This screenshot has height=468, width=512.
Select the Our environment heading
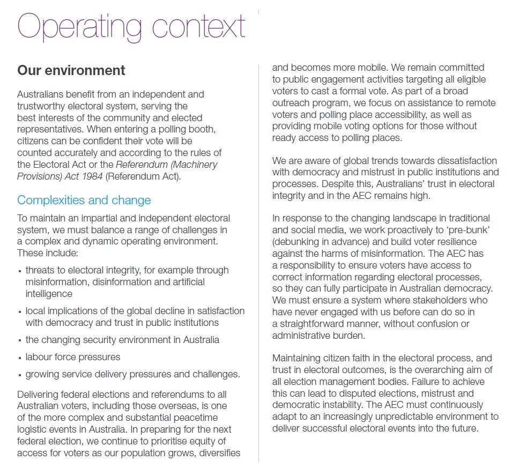(71, 70)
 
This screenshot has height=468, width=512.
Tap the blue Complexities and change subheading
(84, 200)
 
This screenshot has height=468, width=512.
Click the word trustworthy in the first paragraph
(42, 106)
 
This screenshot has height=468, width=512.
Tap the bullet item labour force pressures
(73, 357)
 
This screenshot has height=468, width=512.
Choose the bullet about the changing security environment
(122, 340)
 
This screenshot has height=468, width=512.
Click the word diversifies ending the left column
(217, 453)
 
